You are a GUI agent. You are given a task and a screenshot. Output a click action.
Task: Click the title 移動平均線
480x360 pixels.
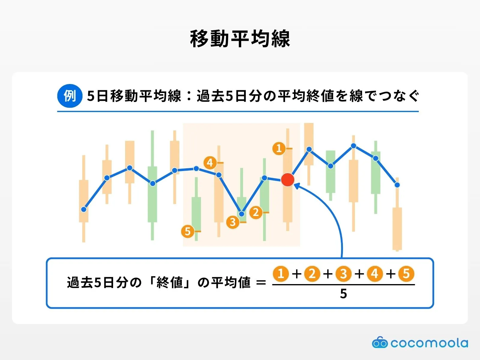click(x=240, y=39)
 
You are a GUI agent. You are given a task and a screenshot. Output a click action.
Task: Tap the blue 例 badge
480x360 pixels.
click(x=70, y=96)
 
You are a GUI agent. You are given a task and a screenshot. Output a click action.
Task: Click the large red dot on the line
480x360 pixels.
click(x=288, y=180)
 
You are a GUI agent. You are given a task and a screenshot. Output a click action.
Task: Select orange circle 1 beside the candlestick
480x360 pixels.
click(x=279, y=148)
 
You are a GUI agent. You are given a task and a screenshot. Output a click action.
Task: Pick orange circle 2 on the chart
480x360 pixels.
click(x=256, y=212)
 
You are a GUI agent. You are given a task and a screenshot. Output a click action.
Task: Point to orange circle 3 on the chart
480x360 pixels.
click(x=233, y=222)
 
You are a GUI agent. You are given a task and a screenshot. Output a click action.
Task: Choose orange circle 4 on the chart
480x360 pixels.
click(x=210, y=163)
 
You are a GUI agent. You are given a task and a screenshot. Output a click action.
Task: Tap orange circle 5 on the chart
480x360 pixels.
click(x=187, y=231)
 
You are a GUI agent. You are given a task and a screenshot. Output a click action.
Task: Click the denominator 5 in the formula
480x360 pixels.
click(x=343, y=294)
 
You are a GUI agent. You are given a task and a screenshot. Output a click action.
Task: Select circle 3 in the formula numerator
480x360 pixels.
click(x=343, y=274)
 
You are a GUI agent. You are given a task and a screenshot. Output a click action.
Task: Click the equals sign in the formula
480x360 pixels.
click(x=261, y=282)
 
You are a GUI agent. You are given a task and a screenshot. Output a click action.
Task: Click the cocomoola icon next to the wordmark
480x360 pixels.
click(x=379, y=342)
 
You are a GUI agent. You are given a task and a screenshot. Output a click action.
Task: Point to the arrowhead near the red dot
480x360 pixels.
click(x=297, y=186)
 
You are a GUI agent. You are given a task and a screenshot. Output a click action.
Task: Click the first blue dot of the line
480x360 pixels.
click(x=83, y=209)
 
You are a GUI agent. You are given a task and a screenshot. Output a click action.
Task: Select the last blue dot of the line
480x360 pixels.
click(x=397, y=185)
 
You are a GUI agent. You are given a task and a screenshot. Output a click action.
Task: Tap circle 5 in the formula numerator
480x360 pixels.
click(x=406, y=274)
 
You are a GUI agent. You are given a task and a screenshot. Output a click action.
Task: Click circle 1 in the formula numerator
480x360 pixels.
click(x=281, y=274)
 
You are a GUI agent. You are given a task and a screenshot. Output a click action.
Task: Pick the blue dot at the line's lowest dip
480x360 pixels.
click(x=241, y=214)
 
